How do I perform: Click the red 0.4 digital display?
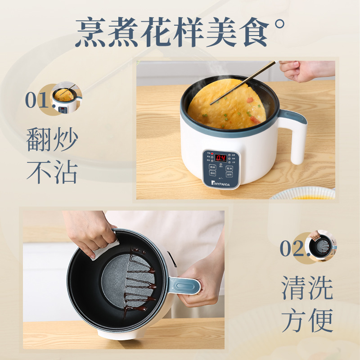pyautogui.click(x=220, y=158)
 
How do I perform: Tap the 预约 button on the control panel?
pyautogui.click(x=212, y=173)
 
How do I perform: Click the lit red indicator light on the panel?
pyautogui.click(x=212, y=153)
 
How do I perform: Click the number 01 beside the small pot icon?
pyautogui.click(x=36, y=100)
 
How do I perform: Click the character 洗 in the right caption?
pyautogui.click(x=320, y=288)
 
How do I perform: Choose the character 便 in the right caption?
pyautogui.click(x=320, y=320)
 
